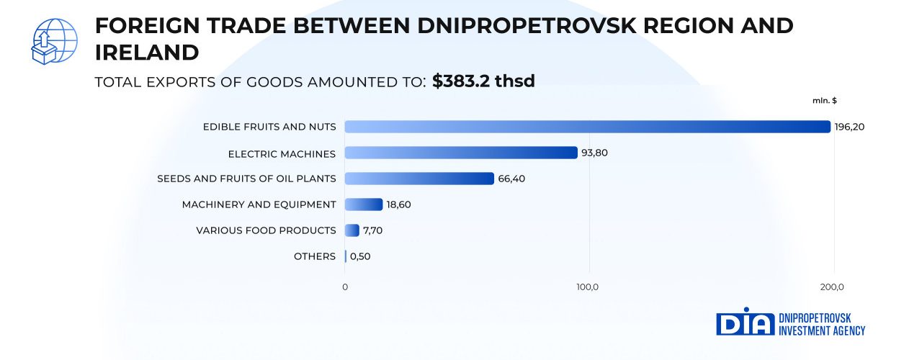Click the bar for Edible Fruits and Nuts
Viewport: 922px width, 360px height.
[587, 127]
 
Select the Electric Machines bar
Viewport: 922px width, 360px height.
[461, 153]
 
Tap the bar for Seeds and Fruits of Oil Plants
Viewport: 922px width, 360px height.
[419, 179]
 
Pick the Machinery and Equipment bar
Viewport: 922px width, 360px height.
[364, 204]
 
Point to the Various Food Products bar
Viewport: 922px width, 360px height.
[352, 230]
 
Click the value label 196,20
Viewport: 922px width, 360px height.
[849, 127]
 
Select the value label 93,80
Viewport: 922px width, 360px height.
[594, 153]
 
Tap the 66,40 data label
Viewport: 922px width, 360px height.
[511, 179]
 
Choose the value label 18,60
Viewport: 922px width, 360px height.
[399, 204]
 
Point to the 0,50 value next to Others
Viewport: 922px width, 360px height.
[360, 256]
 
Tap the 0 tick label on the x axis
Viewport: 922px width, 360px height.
[345, 287]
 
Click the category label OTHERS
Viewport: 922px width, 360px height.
[315, 256]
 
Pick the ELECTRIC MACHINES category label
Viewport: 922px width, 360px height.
[282, 153]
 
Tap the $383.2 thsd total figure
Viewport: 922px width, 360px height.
[483, 81]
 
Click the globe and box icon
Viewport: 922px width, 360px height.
[53, 42]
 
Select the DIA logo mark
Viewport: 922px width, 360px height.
[745, 324]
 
